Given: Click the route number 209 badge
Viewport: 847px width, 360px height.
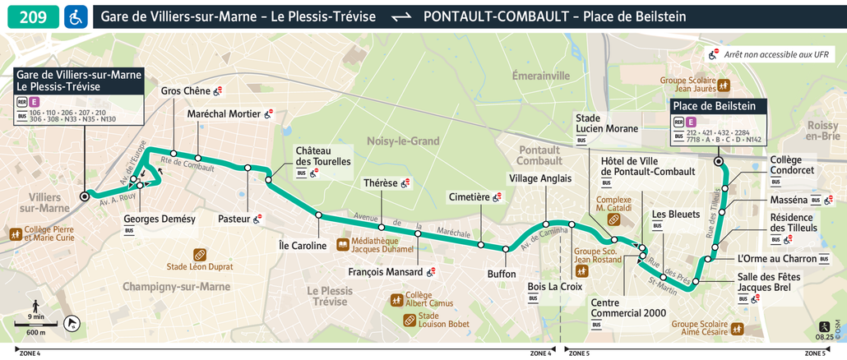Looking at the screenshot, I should tap(32, 16).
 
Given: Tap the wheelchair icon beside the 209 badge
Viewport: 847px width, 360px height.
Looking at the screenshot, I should tap(75, 16).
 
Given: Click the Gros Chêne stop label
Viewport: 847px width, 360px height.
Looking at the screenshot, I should tap(185, 91).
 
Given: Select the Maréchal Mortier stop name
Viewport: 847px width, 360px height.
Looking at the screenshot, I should tap(224, 114).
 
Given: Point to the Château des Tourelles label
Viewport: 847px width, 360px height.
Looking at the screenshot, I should tap(322, 156).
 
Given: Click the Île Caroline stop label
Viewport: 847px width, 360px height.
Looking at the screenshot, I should tap(303, 245).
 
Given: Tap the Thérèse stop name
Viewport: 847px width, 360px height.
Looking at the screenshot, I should tap(380, 183).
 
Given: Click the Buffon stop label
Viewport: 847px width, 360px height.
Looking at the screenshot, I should tap(502, 274).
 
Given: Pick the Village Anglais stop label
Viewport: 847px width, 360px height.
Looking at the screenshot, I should tap(539, 178).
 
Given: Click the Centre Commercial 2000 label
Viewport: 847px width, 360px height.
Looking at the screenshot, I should tap(628, 307).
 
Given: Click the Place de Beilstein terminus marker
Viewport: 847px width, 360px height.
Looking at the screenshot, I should tap(719, 162).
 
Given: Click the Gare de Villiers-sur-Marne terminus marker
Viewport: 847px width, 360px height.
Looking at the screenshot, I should tap(84, 196).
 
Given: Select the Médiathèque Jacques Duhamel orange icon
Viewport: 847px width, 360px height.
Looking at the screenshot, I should tap(343, 244).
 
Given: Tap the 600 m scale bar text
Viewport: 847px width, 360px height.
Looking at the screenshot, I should tap(36, 332).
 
